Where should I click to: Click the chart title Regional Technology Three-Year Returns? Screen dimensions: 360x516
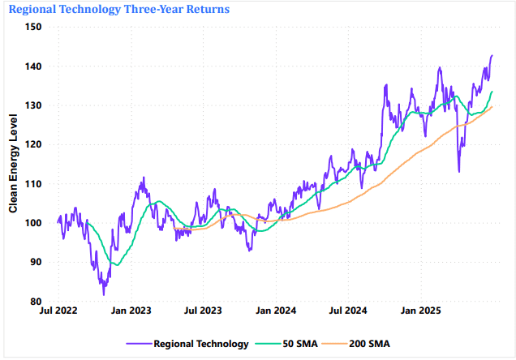point(118,9)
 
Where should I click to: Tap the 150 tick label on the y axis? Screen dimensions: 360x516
point(35,27)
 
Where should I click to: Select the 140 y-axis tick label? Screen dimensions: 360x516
point(35,66)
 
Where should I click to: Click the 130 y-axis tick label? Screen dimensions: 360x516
point(35,105)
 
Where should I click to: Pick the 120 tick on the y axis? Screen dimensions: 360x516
point(35,144)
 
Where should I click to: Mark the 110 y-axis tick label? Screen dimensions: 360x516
point(35,184)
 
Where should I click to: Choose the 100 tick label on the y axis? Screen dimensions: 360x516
point(35,223)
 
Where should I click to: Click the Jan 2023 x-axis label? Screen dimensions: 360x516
point(131,311)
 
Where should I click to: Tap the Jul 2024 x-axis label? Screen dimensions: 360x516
point(347,311)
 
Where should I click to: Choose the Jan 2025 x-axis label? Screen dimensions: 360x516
point(420,311)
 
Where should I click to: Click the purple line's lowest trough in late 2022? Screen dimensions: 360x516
point(104,294)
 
